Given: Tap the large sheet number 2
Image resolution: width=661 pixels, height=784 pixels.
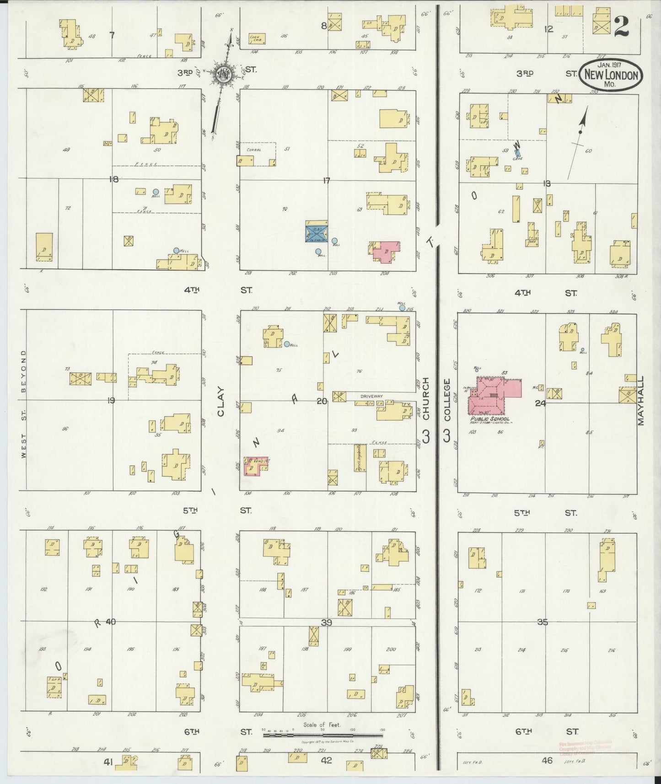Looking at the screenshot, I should point(621,26).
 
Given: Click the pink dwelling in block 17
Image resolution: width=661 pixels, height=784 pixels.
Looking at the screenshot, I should point(385,251).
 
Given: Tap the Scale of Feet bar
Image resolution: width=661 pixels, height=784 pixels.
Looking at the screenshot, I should point(322,736).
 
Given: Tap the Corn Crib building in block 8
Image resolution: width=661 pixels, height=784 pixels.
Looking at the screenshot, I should point(257,39).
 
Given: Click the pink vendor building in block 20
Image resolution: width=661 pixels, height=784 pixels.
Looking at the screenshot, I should point(255,466).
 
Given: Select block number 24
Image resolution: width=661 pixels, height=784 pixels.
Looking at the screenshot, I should point(540,403).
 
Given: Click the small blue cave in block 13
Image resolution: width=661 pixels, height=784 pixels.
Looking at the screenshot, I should point(518,154).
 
